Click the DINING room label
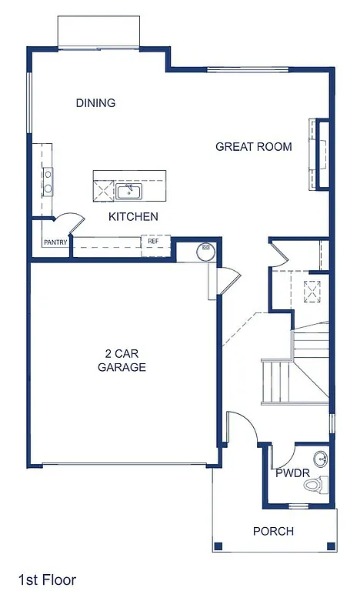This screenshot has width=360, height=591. [95, 103]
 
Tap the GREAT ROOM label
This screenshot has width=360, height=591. [253, 146]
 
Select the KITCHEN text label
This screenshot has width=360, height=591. [133, 216]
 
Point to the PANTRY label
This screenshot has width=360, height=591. [55, 243]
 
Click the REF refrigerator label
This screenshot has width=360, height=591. [154, 242]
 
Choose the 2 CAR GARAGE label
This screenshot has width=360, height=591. [122, 361]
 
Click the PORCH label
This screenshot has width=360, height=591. [273, 531]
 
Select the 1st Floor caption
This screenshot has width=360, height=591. [48, 579]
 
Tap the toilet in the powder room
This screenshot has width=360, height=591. [315, 485]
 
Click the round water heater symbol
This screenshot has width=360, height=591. [206, 249]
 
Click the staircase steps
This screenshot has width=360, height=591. [276, 381]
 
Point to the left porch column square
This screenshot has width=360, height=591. [218, 546]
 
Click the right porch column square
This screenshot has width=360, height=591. [331, 546]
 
